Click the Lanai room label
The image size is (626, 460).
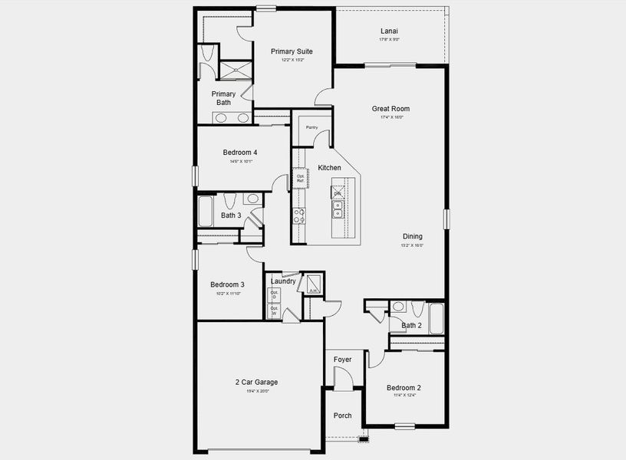coord(389,31)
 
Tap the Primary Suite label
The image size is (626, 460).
coord(292,51)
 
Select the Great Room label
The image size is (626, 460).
coord(390,109)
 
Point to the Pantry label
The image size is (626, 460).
coord(311,127)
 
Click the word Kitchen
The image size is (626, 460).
coord(329,168)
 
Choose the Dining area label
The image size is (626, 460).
coord(412,236)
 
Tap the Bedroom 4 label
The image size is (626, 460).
coord(240,152)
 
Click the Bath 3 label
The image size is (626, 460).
coord(231,215)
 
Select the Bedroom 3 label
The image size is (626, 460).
coord(228,284)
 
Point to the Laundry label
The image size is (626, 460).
coord(283,281)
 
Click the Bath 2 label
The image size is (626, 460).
coord(412,325)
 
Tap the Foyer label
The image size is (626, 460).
coord(342,359)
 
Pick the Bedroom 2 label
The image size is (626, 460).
coord(403,387)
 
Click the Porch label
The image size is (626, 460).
coord(342,416)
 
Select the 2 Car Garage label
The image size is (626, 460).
coord(256,382)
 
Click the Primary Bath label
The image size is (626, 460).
coord(224,98)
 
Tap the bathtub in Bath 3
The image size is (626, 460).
coord(206,212)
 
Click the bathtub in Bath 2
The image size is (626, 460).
coord(437,318)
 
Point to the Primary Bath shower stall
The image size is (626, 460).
coord(236,70)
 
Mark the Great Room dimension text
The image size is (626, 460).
coord(390,117)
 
